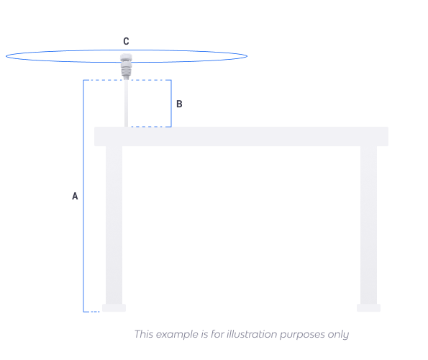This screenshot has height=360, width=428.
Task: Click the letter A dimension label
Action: coord(75,196)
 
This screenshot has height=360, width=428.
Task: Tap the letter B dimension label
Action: coord(179,104)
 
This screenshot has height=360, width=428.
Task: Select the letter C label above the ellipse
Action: coord(126,41)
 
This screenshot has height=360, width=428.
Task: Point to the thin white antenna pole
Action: coord(126,103)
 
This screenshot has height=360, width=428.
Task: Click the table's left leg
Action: coord(114,225)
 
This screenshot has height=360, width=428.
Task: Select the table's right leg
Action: coord(368,225)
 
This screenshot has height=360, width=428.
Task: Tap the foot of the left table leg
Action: coord(114,308)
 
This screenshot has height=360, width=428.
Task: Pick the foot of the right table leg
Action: coord(368,308)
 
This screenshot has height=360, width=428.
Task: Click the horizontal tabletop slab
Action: coord(241,136)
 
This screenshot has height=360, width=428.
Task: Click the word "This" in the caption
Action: coord(144,334)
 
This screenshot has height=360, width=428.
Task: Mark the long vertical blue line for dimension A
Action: coord(83,196)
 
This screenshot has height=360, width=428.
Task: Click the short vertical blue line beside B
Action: coord(171,103)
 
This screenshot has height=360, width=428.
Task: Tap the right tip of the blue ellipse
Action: coord(247,56)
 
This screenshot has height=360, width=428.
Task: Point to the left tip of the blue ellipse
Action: coord(6,56)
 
